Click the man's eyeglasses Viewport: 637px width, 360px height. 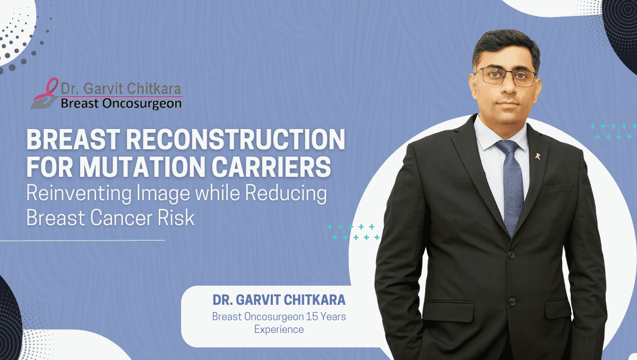coord(505,76)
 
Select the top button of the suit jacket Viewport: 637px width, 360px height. coord(510,256)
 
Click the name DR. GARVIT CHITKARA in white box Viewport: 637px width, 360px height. coord(279,300)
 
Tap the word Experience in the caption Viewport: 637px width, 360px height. coord(279,329)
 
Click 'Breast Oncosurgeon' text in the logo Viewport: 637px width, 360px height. coord(120,104)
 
